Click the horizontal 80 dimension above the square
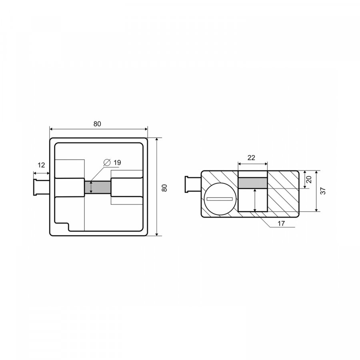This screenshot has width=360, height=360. click(x=97, y=124)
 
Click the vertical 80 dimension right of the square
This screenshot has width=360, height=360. click(x=164, y=188)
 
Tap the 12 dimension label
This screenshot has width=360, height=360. click(x=41, y=165)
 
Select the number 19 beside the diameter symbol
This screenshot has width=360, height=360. click(x=117, y=162)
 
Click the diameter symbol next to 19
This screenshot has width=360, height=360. click(x=107, y=162)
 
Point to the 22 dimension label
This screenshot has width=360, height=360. click(x=252, y=158)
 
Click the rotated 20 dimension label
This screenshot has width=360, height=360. click(x=309, y=179)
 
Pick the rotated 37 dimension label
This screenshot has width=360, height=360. click(x=323, y=191)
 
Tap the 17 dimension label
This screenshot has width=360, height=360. click(x=281, y=223)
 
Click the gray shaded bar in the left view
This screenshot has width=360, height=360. click(x=98, y=187)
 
